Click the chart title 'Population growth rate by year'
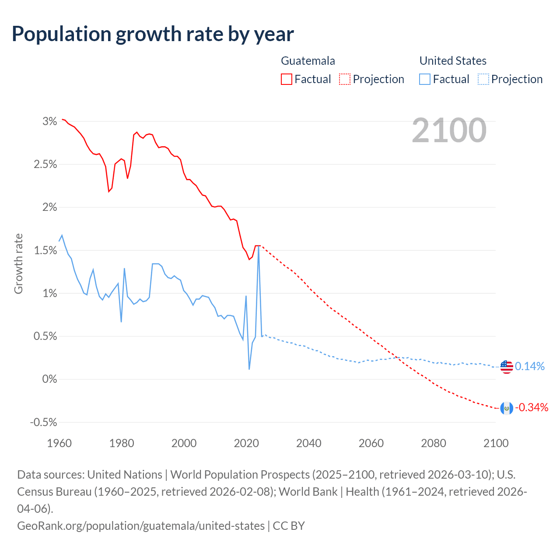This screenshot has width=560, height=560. (x=153, y=34)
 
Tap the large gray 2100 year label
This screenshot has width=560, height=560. (x=449, y=130)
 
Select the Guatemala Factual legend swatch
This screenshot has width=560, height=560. (x=287, y=79)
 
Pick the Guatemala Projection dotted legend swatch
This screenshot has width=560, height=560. (x=345, y=79)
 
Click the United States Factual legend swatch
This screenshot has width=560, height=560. (x=425, y=79)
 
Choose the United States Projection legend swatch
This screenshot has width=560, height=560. (x=483, y=79)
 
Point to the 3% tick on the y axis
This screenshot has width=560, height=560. (x=50, y=122)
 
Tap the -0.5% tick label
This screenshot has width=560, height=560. (x=44, y=423)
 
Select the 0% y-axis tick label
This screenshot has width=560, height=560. (x=50, y=379)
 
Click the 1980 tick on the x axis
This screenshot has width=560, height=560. (x=122, y=443)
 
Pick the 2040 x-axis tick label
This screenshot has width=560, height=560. (x=309, y=443)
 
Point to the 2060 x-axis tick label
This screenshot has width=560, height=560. (x=371, y=443)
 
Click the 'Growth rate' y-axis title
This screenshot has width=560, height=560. (x=18, y=263)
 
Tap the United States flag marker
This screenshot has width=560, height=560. (x=507, y=367)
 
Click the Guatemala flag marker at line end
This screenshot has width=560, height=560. (x=507, y=408)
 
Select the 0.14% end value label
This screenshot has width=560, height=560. (x=530, y=367)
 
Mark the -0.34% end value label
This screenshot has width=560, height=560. (x=532, y=408)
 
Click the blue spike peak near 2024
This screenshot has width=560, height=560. (x=259, y=247)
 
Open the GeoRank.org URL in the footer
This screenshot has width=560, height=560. (x=141, y=525)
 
